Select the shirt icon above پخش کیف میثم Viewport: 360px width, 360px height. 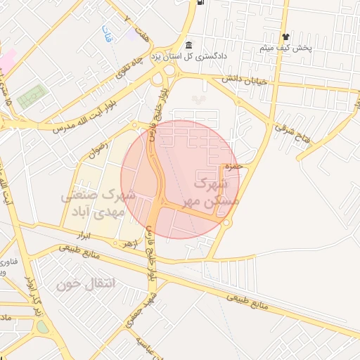(x=285, y=37)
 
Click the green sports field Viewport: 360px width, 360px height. (x=31, y=95)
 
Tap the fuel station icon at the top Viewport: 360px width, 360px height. (x=202, y=2)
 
